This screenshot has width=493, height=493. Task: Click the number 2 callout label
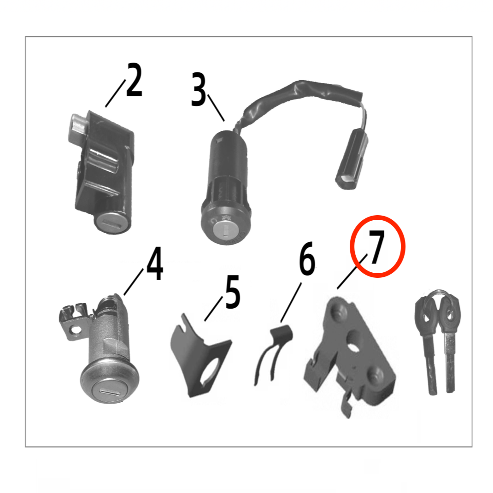[134, 80]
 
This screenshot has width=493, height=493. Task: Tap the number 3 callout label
[199, 89]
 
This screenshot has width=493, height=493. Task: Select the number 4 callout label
[155, 264]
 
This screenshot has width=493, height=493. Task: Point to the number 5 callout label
[233, 292]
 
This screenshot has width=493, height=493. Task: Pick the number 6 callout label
[307, 258]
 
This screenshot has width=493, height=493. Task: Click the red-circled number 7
[377, 246]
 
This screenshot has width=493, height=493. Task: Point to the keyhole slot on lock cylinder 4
[109, 392]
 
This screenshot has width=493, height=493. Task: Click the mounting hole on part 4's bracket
[75, 330]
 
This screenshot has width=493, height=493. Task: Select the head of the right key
[450, 311]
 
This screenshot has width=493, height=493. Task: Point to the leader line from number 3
[216, 107]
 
